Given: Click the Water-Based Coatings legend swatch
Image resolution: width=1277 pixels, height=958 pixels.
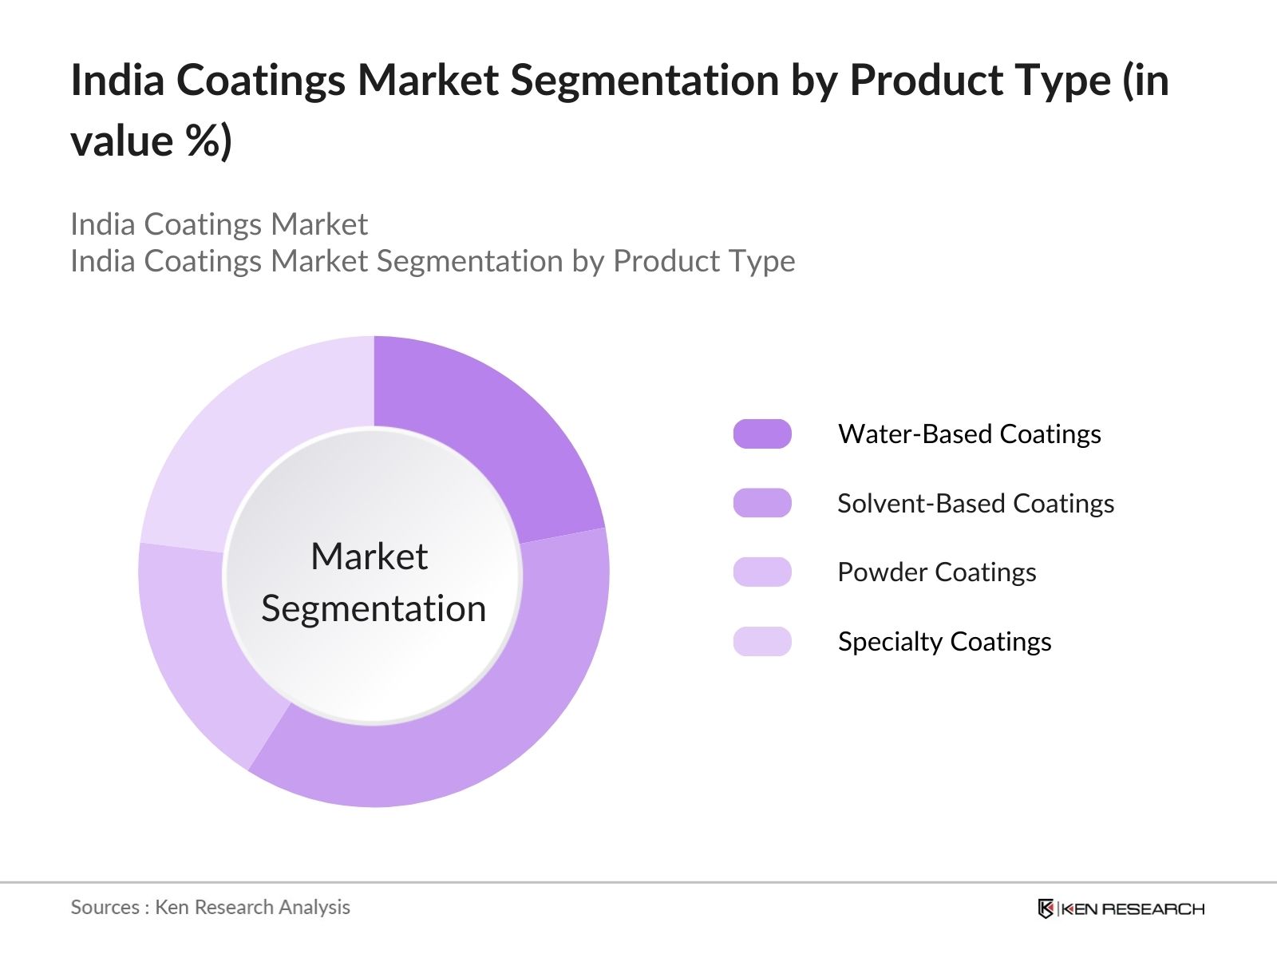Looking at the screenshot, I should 762,433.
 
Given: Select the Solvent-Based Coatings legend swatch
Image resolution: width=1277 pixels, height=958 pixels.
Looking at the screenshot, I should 762,503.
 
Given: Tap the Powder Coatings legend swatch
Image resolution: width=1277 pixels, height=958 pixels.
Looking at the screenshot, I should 762,572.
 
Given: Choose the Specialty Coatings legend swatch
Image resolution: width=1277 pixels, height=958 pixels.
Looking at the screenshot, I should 762,641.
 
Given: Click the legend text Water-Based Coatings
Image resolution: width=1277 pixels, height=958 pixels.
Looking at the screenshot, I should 969,433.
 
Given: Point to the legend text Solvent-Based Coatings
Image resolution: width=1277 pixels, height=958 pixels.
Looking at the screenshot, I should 975,503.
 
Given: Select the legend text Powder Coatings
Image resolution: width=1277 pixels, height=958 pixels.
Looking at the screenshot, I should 936,572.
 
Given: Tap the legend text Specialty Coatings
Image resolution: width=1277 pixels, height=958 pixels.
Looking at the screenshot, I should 944,641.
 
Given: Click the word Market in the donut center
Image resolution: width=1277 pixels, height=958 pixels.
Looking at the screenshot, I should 369,556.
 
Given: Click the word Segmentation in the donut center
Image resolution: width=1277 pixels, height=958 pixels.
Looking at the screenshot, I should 374,609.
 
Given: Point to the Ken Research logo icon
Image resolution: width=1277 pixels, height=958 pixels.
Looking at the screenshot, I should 1046,909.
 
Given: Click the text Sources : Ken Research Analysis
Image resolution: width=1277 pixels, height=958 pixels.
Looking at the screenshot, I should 210,907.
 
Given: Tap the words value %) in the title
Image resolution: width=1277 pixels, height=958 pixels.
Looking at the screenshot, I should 151,141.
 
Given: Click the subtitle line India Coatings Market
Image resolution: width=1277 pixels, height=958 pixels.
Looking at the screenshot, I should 219,224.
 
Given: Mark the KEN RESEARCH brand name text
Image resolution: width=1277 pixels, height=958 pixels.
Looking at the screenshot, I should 1133,909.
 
